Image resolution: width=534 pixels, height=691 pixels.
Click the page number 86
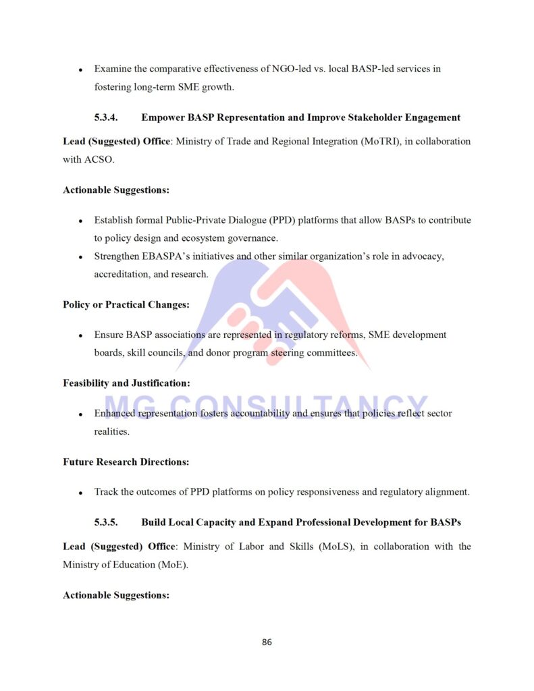click(267, 642)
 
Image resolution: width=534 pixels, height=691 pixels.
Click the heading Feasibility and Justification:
click(126, 383)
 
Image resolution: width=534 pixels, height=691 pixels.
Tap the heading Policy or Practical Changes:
click(126, 304)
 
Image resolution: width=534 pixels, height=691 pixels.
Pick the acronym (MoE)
click(169, 565)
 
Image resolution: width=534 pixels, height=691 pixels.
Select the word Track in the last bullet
click(106, 492)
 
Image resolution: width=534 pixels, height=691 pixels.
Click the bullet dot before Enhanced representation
click(80, 414)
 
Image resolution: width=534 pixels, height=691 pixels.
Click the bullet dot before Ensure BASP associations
click(80, 335)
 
